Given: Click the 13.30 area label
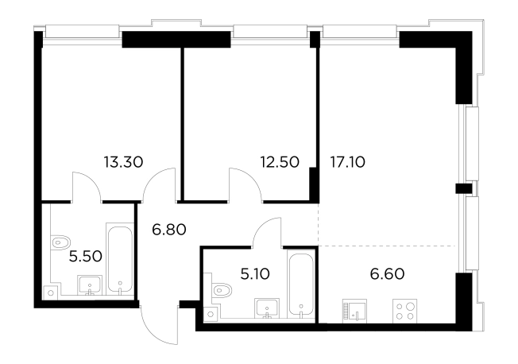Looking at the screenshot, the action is click(123, 162).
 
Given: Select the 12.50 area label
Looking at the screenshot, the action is click(280, 162).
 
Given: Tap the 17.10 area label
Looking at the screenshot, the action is click(348, 162).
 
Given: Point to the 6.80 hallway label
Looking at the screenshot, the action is click(169, 230).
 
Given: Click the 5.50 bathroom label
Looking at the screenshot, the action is click(86, 257).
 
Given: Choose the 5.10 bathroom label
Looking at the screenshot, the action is click(255, 274).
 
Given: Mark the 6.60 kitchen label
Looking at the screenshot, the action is click(387, 274).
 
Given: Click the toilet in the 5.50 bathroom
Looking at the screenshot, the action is click(60, 242).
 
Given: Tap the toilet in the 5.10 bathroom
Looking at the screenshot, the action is click(222, 291).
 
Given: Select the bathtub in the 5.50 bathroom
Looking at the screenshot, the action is click(120, 259).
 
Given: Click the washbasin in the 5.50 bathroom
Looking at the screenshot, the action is click(90, 285).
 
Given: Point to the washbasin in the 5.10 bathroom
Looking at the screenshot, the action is click(267, 308).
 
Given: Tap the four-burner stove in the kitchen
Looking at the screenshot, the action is click(404, 311).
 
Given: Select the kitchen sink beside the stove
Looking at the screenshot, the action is click(354, 311).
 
